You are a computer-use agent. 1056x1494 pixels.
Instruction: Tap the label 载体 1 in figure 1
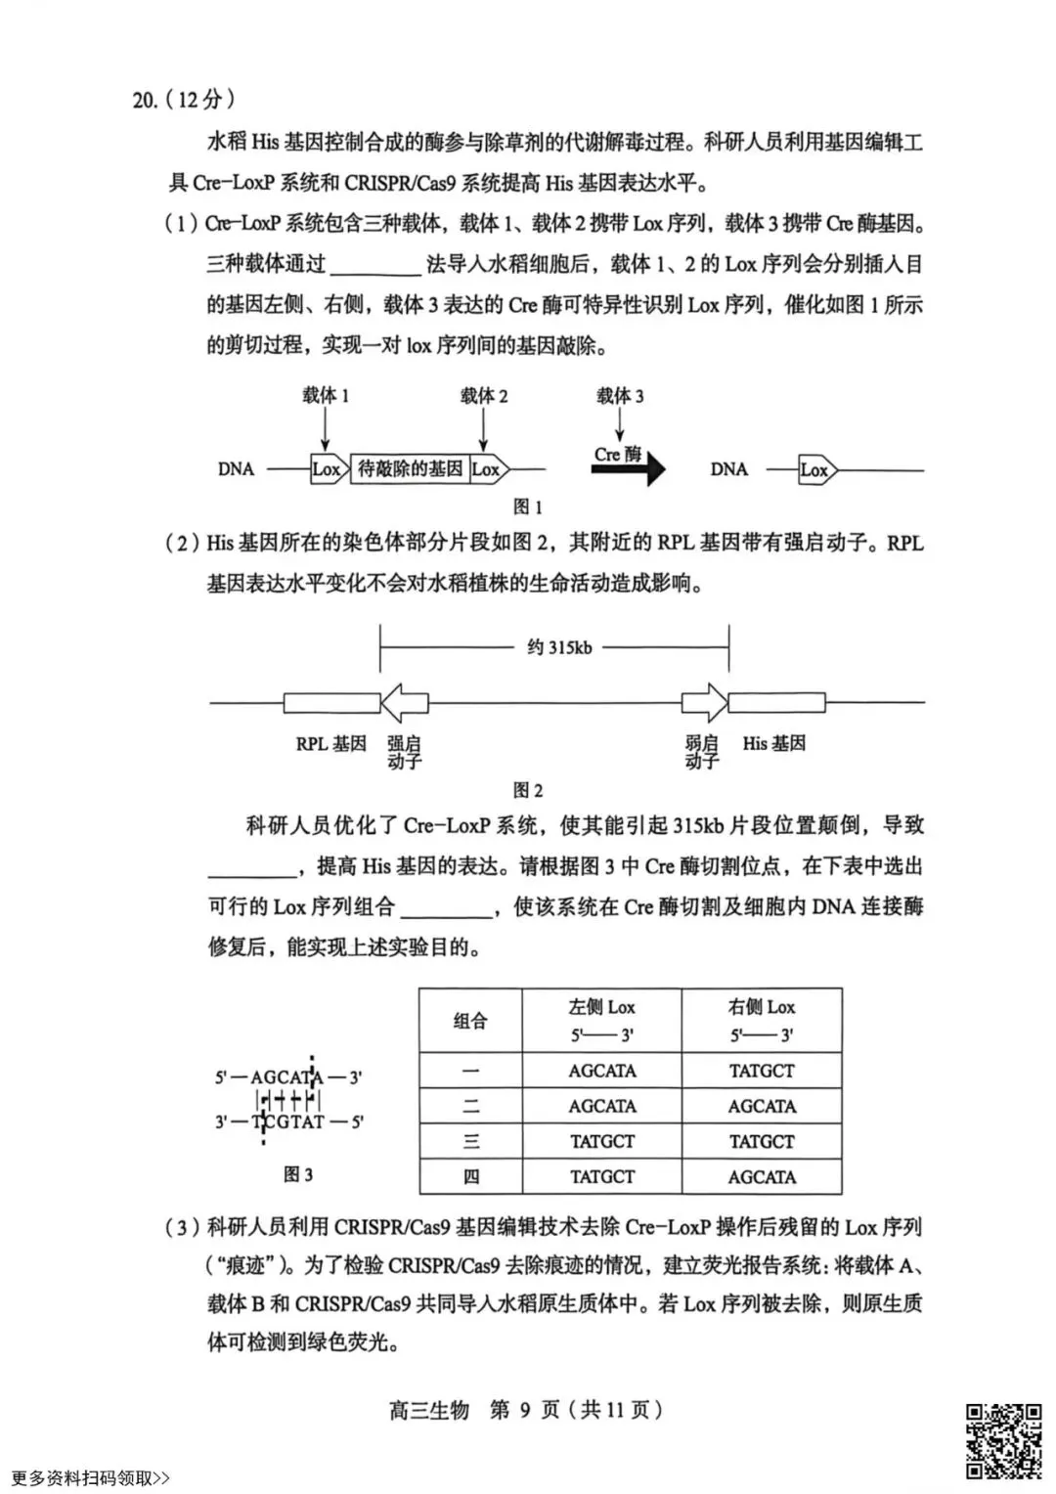pyautogui.click(x=326, y=395)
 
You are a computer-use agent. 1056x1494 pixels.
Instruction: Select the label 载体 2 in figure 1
pyautogui.click(x=484, y=395)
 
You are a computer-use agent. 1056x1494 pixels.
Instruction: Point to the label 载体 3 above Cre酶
pyautogui.click(x=620, y=395)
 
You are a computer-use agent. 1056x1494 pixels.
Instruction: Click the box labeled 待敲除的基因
pyautogui.click(x=410, y=468)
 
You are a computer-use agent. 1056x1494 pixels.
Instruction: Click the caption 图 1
pyautogui.click(x=527, y=506)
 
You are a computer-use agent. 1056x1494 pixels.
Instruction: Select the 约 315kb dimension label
pyautogui.click(x=558, y=647)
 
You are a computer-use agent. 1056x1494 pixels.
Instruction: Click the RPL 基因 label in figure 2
pyautogui.click(x=330, y=743)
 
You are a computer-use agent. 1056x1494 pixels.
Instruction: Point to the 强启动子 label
pyautogui.click(x=404, y=752)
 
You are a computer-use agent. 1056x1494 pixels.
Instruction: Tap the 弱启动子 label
pyautogui.click(x=701, y=752)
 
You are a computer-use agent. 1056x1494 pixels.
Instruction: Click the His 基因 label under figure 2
pyautogui.click(x=773, y=743)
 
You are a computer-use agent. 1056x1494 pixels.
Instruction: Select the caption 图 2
pyautogui.click(x=527, y=790)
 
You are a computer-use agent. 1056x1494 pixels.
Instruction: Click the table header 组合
pyautogui.click(x=470, y=1021)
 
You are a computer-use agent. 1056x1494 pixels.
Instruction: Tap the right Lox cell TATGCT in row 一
pyautogui.click(x=762, y=1071)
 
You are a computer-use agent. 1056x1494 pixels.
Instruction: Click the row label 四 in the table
pyautogui.click(x=470, y=1176)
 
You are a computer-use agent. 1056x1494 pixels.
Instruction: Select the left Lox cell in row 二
pyautogui.click(x=601, y=1106)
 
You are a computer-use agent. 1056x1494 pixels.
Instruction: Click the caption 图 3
pyautogui.click(x=297, y=1174)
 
